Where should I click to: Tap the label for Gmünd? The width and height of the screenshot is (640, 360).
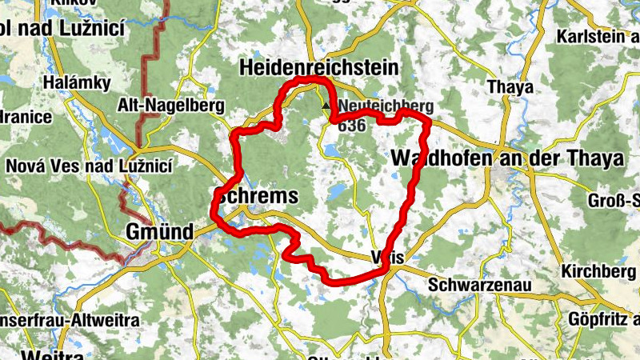(159, 231)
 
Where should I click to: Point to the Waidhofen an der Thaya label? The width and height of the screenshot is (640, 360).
(507, 158)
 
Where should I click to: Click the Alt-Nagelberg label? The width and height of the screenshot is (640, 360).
(172, 105)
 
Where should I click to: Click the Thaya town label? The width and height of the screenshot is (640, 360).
(505, 86)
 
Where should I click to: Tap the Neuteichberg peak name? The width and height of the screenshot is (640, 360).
(386, 106)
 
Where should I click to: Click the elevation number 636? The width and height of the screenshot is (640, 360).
(351, 125)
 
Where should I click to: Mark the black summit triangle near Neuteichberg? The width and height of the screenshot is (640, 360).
(326, 106)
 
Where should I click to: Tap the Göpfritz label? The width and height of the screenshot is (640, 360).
(603, 319)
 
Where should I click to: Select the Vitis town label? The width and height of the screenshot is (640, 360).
(390, 257)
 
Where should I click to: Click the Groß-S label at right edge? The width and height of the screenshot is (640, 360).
(614, 200)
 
